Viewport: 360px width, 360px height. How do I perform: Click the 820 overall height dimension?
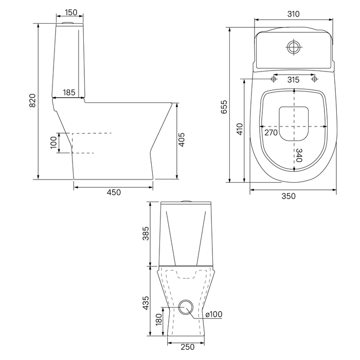pos(32,101)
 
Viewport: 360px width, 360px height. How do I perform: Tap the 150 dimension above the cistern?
pos(71,12)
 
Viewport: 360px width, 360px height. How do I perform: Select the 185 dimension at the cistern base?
pos(69,93)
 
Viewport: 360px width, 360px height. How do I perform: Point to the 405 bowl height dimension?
pos(182,139)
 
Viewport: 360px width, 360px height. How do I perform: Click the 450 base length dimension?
pos(114,192)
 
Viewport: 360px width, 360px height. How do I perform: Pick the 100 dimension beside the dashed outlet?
pos(53,142)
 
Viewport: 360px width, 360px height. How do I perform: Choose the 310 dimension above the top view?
pos(294,14)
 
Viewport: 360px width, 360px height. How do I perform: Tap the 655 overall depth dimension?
pos(224,107)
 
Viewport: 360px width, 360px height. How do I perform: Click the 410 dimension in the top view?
pos(240,129)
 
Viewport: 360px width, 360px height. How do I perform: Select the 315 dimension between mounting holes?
pos(294,80)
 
